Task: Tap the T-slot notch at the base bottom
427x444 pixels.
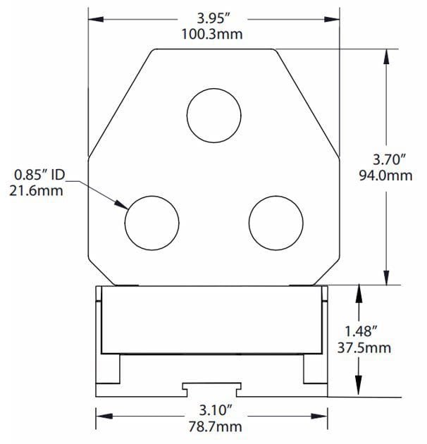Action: click(213, 387)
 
